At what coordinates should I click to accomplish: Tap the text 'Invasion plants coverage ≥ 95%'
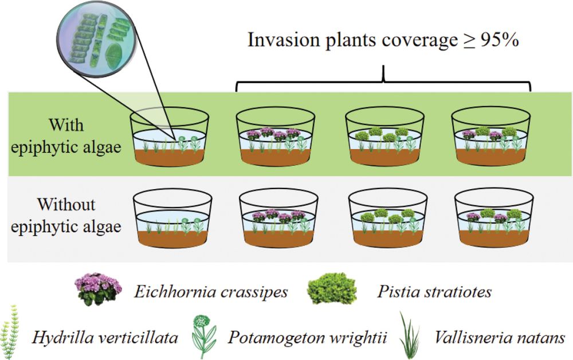point(383,40)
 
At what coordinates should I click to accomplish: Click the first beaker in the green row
point(170,138)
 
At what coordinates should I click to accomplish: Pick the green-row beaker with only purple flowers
point(276,138)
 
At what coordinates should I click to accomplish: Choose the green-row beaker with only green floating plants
point(384,138)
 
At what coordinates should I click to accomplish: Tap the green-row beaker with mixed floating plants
point(491,138)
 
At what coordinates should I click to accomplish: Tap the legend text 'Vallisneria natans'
point(498,336)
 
